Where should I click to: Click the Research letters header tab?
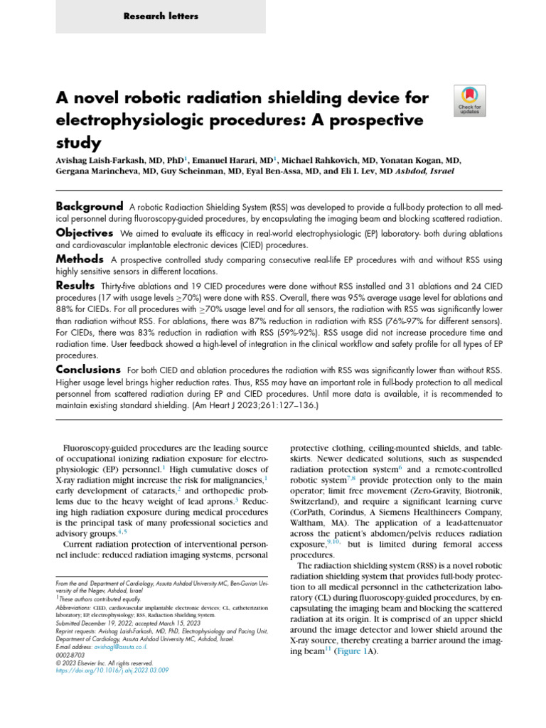pos(161,16)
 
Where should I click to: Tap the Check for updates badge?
pos(469,100)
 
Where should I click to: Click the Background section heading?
pos(90,205)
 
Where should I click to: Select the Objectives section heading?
pos(85,233)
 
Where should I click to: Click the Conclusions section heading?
pos(88,370)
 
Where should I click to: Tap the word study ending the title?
pos(78,142)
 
